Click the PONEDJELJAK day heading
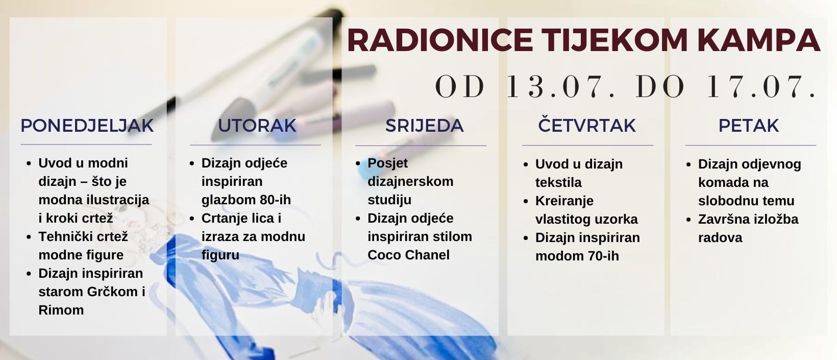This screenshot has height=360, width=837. (87, 126)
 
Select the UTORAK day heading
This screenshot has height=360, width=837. (257, 126)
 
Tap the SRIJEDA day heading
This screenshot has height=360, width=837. (425, 126)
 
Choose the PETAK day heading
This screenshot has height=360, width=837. (748, 126)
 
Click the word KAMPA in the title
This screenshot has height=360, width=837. (758, 40)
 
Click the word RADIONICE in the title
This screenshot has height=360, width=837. (440, 40)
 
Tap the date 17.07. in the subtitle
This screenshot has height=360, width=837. (761, 86)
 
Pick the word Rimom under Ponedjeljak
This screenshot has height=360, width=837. (61, 310)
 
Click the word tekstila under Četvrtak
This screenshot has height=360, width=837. (558, 182)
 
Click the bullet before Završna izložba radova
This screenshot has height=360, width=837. (688, 220)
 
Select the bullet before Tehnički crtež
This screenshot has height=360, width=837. (29, 237)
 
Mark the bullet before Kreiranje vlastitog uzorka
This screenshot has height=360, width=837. (526, 201)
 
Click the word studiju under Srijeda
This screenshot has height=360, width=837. (389, 200)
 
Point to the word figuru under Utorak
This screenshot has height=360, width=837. (220, 255)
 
